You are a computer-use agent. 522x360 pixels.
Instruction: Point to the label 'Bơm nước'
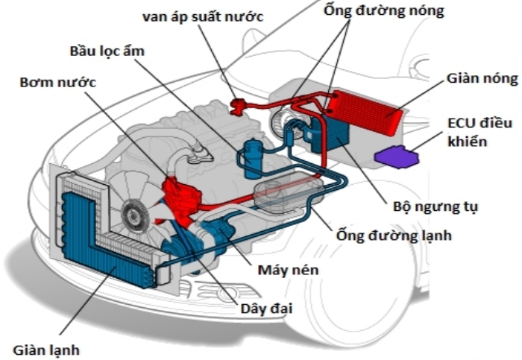coord(57,81)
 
